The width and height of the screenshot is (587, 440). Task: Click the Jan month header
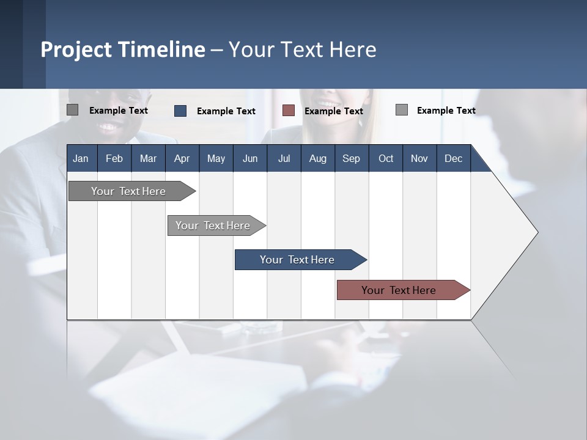pyautogui.click(x=81, y=158)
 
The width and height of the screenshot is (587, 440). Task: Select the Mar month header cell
pyautogui.click(x=148, y=158)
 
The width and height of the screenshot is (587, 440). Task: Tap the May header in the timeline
pyautogui.click(x=216, y=158)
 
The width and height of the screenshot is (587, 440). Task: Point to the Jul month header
pyautogui.click(x=284, y=158)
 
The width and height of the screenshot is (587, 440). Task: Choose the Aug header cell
pyautogui.click(x=317, y=158)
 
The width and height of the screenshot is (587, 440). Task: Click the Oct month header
pyautogui.click(x=386, y=158)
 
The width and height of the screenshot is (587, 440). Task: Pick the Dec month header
pyautogui.click(x=453, y=158)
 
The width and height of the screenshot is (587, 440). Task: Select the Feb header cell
pyautogui.click(x=114, y=158)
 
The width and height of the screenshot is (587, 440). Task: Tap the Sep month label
pyautogui.click(x=351, y=158)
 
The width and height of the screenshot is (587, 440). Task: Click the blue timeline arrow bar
pyautogui.click(x=298, y=260)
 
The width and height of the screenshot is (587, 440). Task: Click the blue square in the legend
pyautogui.click(x=180, y=111)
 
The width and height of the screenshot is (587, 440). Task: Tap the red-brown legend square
pyautogui.click(x=289, y=110)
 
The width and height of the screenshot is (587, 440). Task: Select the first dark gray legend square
pyautogui.click(x=73, y=110)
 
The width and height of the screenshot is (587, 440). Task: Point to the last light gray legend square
pyautogui.click(x=402, y=110)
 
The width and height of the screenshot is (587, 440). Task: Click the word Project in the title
pyautogui.click(x=76, y=50)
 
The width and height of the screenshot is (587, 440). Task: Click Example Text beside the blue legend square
pyautogui.click(x=226, y=111)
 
